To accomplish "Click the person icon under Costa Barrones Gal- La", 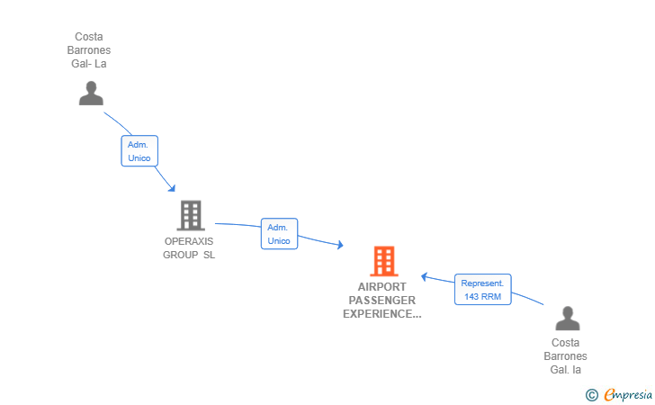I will pos(91,93).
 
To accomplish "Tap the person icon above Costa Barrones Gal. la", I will pos(567,319).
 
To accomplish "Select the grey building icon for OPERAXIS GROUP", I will pos(190,216).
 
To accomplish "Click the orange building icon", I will pos(383,261).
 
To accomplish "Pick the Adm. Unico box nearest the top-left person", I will pos(139,150).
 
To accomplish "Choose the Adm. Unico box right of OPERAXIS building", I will pos(279,234).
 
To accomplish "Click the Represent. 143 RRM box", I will pos(482,290).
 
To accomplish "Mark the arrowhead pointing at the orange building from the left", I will pos(339,245).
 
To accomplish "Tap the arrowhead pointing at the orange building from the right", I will pos(426,277).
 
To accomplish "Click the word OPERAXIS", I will pos(189,241).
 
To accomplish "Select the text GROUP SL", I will pos(189,255).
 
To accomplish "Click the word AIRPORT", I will pos(381,287).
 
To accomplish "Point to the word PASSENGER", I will pos(381,301).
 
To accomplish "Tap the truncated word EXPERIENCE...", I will pos(381,314).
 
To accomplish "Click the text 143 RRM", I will pos(482,297).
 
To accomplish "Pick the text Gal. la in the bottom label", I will pos(566,370).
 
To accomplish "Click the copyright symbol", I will pos(591,394).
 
